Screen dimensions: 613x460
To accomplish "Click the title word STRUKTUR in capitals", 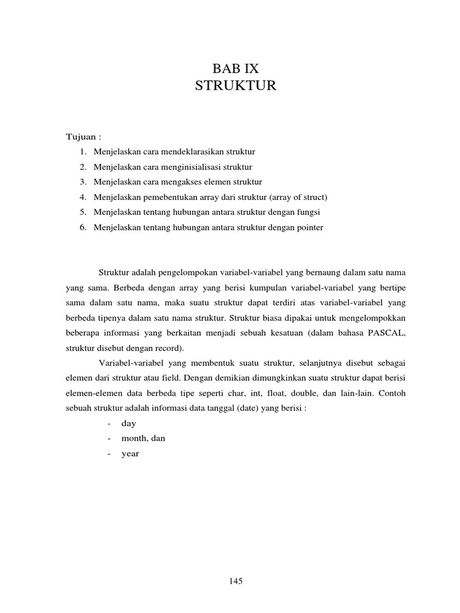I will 235,86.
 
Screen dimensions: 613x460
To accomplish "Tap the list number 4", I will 81,197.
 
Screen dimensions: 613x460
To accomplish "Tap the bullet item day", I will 129,424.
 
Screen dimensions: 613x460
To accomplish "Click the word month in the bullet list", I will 134,439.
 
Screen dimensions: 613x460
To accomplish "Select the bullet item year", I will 130,454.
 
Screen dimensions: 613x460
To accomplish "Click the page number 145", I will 235,581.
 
